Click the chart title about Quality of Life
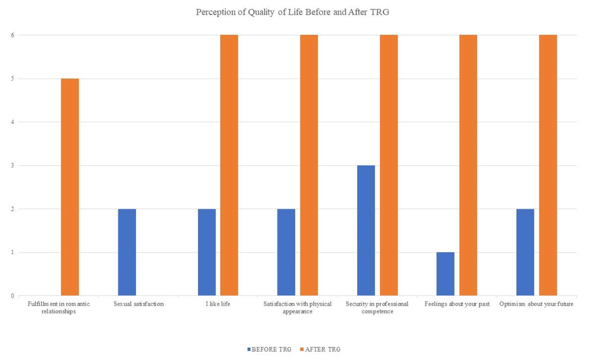click(x=292, y=13)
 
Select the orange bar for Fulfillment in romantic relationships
click(x=70, y=187)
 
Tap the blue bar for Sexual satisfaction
click(x=127, y=252)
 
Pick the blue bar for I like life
click(x=207, y=252)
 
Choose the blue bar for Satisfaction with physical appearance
click(x=286, y=252)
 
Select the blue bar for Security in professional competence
click(x=366, y=230)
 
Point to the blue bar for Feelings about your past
click(x=445, y=274)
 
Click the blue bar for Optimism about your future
click(x=525, y=252)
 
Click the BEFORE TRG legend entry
click(x=269, y=349)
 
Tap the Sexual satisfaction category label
click(x=139, y=304)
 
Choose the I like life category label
click(x=218, y=304)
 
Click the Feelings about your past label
click(x=457, y=304)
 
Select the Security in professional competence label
click(x=377, y=308)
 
